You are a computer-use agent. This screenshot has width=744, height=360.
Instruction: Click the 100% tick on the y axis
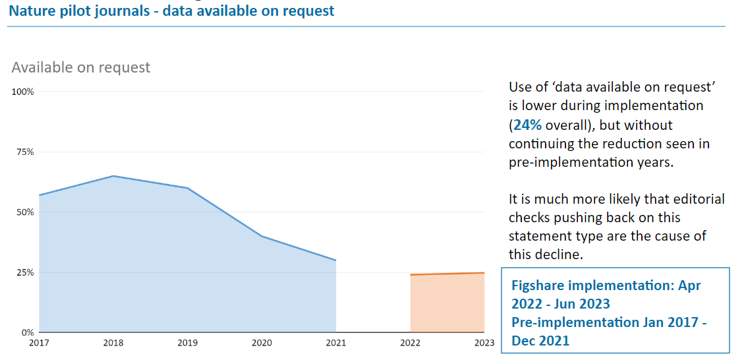(23, 92)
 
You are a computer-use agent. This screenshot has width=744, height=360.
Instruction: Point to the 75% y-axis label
(25, 152)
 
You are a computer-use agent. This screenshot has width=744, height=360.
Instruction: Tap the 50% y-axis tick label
(25, 212)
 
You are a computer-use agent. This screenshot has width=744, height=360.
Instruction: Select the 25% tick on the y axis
(25, 272)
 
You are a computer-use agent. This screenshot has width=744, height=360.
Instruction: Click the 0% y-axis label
(28, 332)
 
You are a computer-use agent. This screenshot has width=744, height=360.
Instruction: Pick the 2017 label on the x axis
(39, 343)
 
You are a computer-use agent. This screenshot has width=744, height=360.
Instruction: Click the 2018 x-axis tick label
(113, 343)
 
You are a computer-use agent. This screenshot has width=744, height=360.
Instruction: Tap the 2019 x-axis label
(188, 343)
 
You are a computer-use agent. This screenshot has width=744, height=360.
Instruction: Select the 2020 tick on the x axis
(262, 343)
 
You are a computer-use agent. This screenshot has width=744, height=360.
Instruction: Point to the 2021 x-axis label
(336, 343)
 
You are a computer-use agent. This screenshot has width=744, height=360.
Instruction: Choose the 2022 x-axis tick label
(410, 343)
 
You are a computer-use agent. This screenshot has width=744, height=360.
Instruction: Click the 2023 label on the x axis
(483, 343)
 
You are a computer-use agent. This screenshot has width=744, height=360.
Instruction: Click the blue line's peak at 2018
(113, 176)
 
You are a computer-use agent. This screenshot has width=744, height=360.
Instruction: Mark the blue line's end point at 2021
(336, 260)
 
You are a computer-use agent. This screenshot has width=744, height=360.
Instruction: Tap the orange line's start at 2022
(411, 274)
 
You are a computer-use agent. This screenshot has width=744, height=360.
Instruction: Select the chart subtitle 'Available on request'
(81, 67)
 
